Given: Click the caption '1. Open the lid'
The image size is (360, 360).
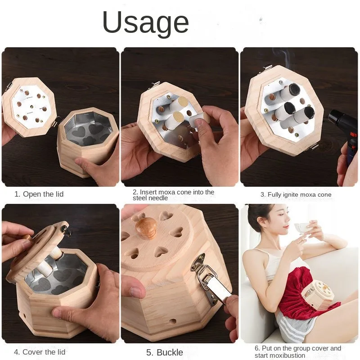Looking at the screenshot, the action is tap(39, 194).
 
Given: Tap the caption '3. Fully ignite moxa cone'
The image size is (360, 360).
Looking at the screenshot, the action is tap(296, 195).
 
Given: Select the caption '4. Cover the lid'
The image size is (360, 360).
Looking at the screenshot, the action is tap(40, 352).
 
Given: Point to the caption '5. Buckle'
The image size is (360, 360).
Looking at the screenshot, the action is tap(165, 352).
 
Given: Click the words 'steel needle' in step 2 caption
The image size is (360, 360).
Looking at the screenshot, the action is tap(150, 198).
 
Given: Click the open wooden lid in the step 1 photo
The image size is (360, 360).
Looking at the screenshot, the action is tap(29, 107).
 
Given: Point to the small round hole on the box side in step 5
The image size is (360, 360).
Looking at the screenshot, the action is tap(173, 321).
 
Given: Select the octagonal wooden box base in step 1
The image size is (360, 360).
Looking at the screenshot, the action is tap(88, 142).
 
